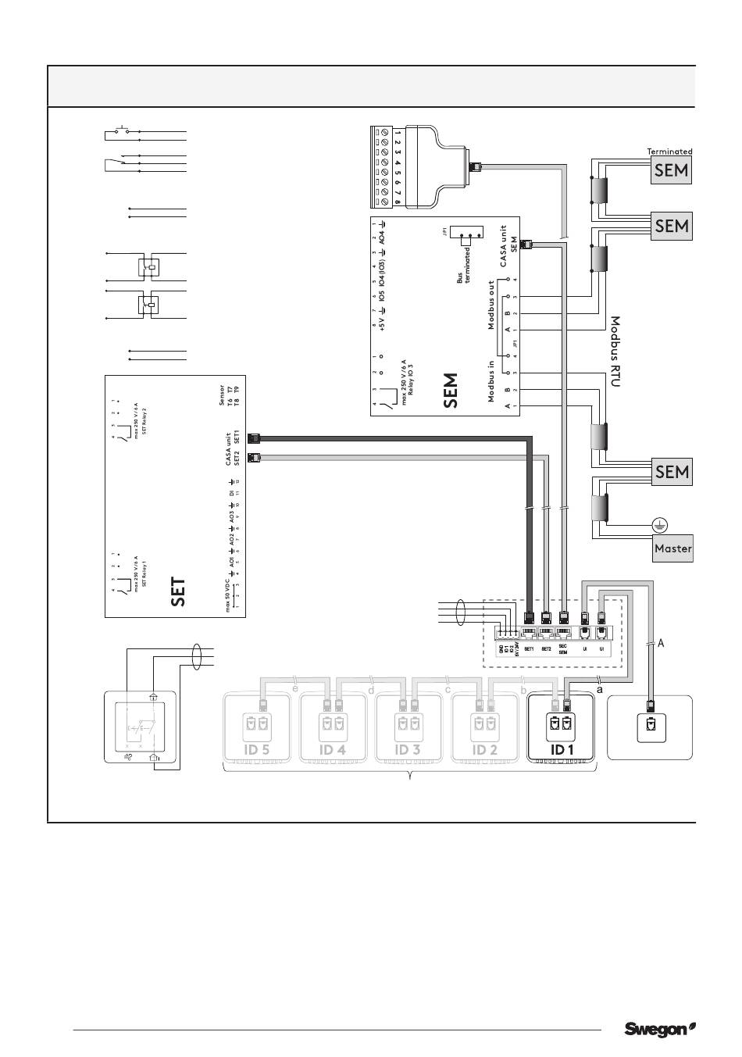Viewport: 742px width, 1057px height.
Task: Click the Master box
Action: tap(673, 548)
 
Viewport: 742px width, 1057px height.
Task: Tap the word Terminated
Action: tap(669, 152)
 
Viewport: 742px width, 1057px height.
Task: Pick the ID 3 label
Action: tap(408, 750)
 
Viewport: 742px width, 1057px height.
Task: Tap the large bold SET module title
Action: tap(179, 592)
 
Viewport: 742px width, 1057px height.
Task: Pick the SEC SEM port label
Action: tap(562, 649)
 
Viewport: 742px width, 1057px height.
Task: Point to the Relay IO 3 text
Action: tap(409, 383)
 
